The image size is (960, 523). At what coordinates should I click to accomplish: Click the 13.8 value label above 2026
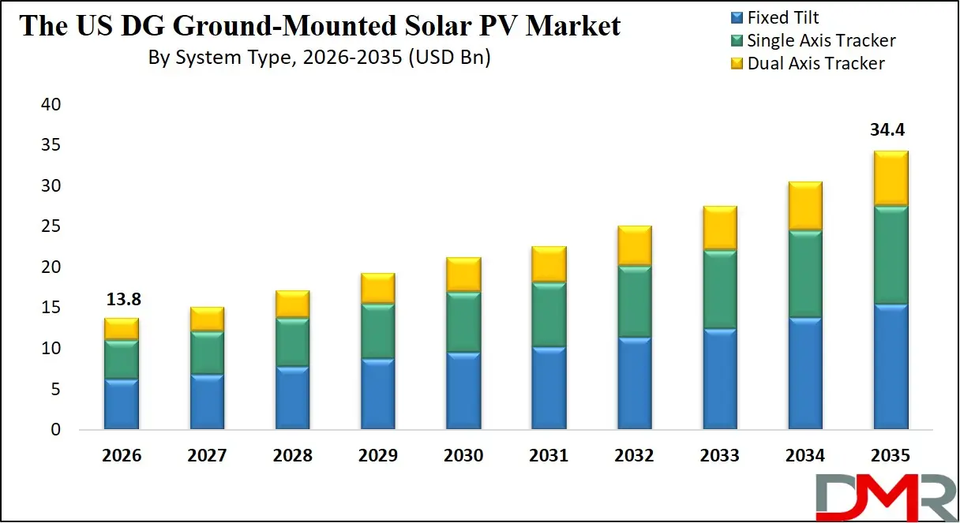click(122, 300)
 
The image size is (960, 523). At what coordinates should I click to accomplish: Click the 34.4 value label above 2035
click(890, 130)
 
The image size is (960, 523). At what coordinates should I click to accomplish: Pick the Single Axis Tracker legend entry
click(821, 40)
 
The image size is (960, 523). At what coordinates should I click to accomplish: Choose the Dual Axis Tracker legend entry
click(816, 63)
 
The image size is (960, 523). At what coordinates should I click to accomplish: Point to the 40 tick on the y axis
click(50, 105)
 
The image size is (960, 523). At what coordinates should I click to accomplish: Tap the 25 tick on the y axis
click(50, 227)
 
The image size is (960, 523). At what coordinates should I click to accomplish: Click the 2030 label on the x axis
click(463, 456)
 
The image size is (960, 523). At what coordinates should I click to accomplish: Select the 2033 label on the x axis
click(719, 456)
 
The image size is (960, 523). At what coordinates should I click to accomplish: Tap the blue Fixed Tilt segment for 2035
click(891, 367)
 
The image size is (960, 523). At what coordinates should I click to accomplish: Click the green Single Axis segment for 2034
click(805, 274)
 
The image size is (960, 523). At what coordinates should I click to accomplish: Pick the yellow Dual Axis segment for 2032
click(634, 245)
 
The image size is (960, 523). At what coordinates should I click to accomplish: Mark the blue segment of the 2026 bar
click(122, 404)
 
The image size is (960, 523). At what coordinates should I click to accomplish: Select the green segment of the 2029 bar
click(377, 331)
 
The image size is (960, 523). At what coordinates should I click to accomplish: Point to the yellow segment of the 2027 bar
click(207, 319)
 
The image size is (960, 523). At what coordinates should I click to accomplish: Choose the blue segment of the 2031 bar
click(549, 388)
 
